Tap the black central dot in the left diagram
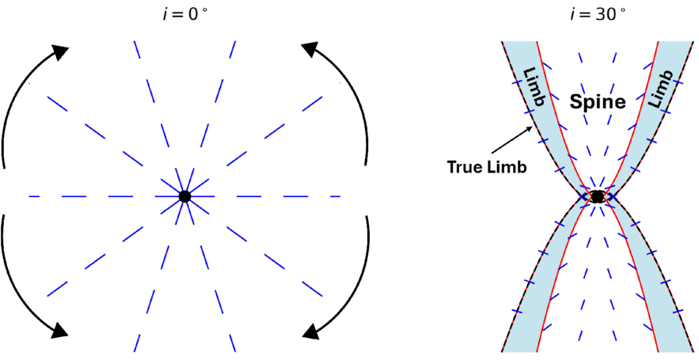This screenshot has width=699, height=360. pos(184,195)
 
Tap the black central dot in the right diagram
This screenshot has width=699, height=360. pos(598,195)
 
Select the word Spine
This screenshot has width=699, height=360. pos(598,102)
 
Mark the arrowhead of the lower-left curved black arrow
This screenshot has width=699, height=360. pos(59,329)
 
